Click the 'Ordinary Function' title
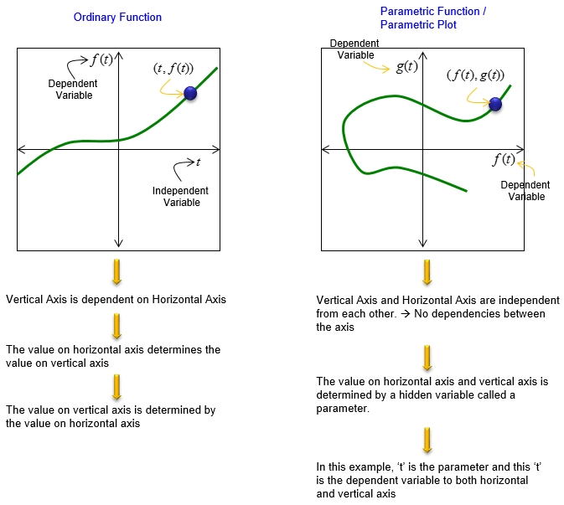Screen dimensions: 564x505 click(117, 17)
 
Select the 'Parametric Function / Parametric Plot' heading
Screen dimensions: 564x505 click(433, 18)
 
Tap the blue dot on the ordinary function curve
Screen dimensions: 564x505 click(190, 94)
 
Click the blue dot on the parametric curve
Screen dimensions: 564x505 click(495, 104)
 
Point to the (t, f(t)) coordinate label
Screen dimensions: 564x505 click(173, 68)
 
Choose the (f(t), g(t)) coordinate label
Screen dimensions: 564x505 click(475, 75)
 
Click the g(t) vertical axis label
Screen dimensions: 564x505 click(406, 66)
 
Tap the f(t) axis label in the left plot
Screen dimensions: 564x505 click(101, 59)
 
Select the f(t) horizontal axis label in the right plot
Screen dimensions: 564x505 click(504, 159)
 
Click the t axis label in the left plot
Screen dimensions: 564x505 click(198, 162)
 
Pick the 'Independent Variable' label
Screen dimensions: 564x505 click(180, 196)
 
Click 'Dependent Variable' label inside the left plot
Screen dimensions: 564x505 click(73, 89)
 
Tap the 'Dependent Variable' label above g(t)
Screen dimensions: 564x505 click(354, 49)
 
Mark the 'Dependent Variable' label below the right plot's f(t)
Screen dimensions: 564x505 click(525, 190)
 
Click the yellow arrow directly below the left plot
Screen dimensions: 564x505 click(116, 271)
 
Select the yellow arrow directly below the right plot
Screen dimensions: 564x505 click(427, 272)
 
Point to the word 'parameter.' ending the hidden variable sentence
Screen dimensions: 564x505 click(343, 409)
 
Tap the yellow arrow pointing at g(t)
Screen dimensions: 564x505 click(376, 67)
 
